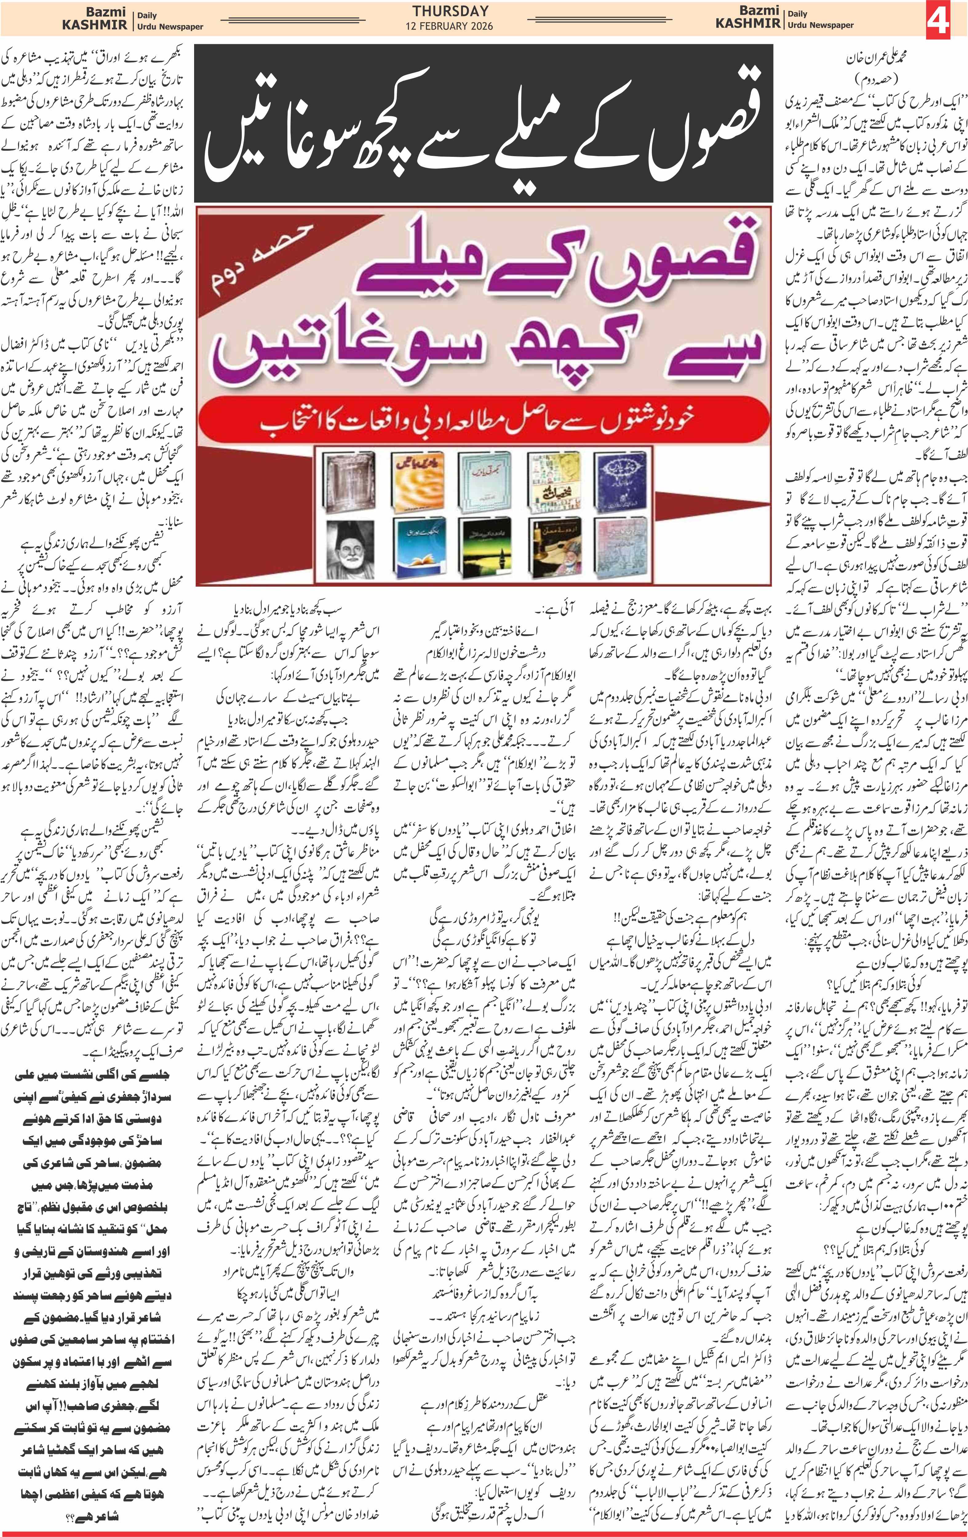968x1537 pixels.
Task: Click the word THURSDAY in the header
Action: pos(450,11)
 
